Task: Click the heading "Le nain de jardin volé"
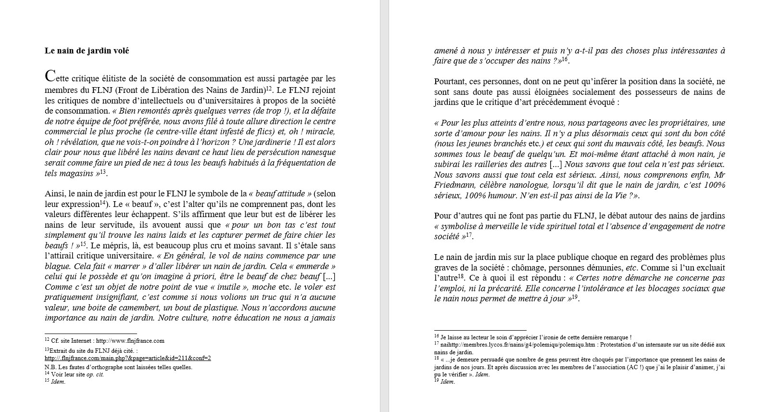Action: coord(87,51)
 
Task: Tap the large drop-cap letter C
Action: coord(50,77)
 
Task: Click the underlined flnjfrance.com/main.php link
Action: coord(128,358)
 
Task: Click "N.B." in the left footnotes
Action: coord(50,367)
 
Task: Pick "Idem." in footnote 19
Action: coord(447,382)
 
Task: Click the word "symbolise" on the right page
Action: coord(458,227)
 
